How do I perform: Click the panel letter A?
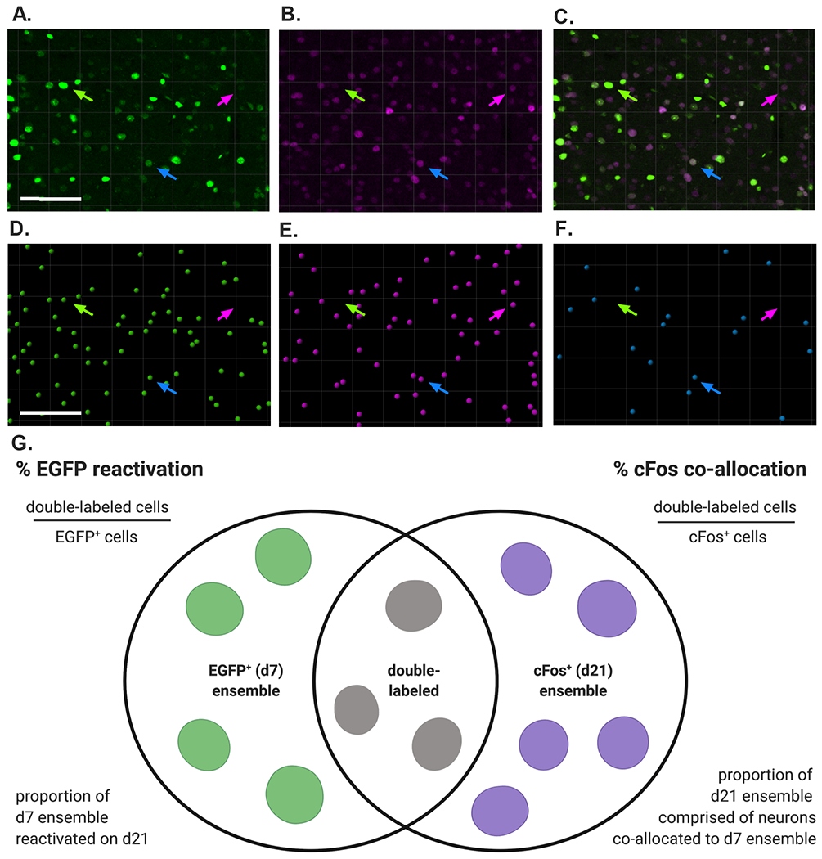[x=18, y=14]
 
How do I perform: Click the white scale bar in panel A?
[x=50, y=198]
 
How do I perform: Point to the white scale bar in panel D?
[x=50, y=412]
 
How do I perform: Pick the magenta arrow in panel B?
[x=497, y=99]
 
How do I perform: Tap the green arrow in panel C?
[x=628, y=97]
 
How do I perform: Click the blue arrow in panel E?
[x=438, y=387]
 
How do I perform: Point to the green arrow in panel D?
[x=83, y=309]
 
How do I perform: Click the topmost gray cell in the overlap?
[x=413, y=606]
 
